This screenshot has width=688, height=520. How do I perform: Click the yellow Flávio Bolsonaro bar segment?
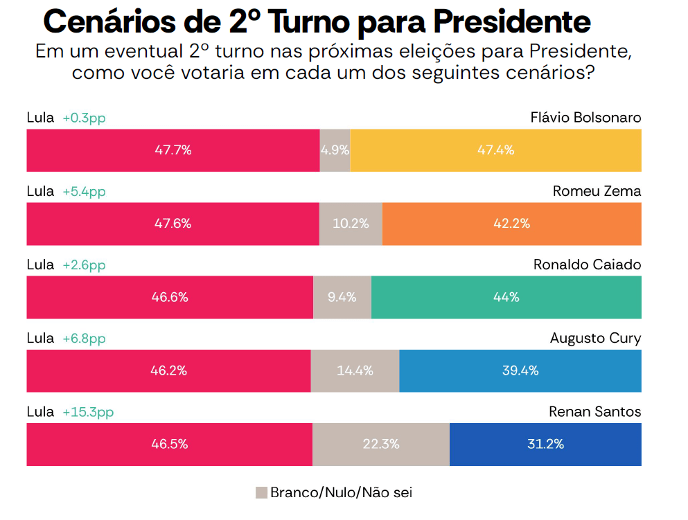pos(496,150)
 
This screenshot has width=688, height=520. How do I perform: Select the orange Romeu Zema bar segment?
pos(511,224)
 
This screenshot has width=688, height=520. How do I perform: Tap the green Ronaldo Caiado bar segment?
pos(506,297)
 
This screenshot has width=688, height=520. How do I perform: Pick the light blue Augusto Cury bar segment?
pos(520,371)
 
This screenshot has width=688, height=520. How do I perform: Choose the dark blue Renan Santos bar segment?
pos(545,445)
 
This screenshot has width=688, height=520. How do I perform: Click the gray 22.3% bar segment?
pos(381,445)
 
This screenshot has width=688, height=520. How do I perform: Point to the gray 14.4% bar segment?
pos(355,371)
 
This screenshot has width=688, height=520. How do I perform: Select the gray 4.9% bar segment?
pos(335,150)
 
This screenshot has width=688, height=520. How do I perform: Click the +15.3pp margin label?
pos(88,413)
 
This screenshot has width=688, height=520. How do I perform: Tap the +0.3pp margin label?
pos(85,118)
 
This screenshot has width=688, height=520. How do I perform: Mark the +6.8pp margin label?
pos(85,339)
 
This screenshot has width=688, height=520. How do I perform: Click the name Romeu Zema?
pos(597,191)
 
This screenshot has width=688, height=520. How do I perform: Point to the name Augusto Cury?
pos(595,339)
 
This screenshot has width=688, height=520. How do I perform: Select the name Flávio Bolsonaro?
pos(585,118)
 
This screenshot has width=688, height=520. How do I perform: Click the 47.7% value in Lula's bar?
pos(173,150)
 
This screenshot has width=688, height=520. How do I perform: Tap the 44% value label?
pos(506,297)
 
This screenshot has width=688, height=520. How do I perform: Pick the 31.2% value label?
pos(545,444)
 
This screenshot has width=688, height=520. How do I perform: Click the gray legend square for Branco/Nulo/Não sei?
pos(261,493)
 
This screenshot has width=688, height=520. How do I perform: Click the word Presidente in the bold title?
pos(512,21)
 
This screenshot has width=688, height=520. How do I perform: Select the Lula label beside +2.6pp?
pos(40,265)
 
